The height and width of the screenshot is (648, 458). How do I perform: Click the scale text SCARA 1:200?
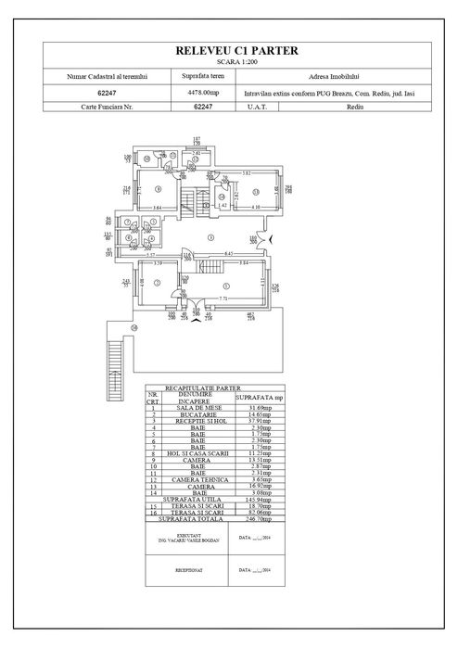pyautogui.click(x=228, y=64)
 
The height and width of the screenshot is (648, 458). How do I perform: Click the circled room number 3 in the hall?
pyautogui.click(x=210, y=238)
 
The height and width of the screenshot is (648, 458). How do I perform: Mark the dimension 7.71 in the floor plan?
pyautogui.click(x=223, y=299)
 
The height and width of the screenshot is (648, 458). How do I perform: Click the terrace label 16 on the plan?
pyautogui.click(x=134, y=327)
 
